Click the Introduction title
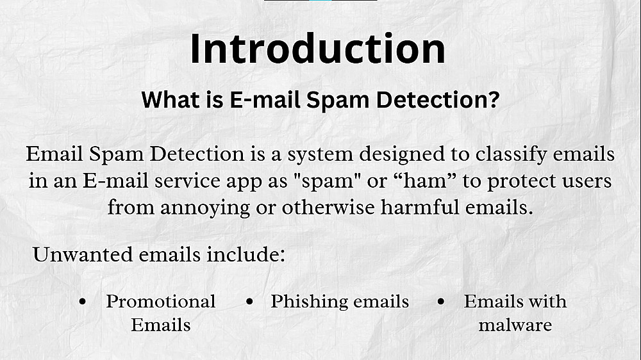click(x=318, y=49)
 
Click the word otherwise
click(x=328, y=207)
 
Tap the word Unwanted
click(x=83, y=254)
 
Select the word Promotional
click(x=161, y=302)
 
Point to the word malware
click(x=515, y=325)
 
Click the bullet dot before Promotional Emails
click(x=83, y=302)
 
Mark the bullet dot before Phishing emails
click(x=250, y=302)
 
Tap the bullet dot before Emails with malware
click(x=441, y=302)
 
